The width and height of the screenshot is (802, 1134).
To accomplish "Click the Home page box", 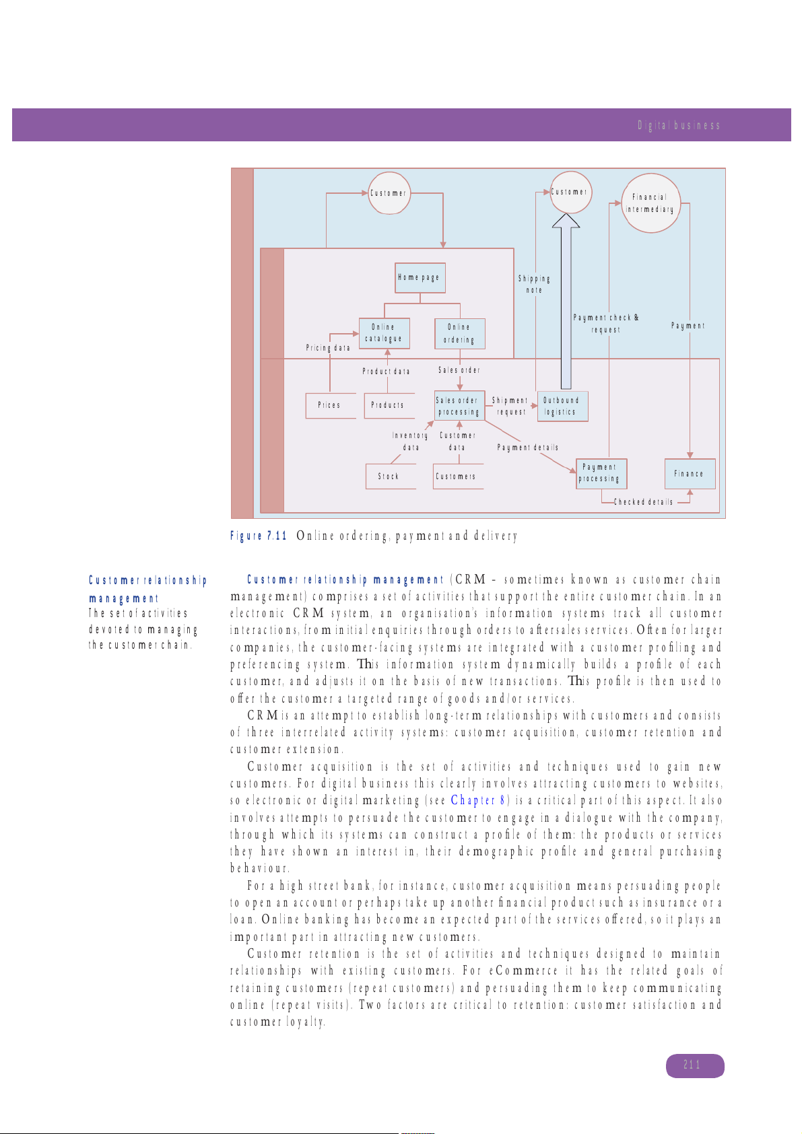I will click(420, 278).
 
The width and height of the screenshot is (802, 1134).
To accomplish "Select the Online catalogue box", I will click(384, 333).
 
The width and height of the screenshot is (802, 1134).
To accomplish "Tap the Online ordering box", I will click(459, 334).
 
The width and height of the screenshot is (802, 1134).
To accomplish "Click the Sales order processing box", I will click(459, 406).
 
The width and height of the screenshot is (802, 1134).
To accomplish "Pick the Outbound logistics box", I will click(562, 406).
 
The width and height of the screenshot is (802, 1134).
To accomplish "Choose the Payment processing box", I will click(601, 474).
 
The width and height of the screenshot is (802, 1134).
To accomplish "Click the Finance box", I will click(689, 474).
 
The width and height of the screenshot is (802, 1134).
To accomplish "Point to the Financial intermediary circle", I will click(650, 203).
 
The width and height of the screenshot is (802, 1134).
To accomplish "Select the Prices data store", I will click(330, 406).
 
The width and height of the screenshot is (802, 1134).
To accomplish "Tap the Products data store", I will click(389, 406).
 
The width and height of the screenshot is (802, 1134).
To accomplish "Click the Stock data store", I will click(390, 476).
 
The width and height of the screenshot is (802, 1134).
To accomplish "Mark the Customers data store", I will click(458, 476).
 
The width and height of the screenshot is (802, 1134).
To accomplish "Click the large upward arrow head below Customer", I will click(566, 222).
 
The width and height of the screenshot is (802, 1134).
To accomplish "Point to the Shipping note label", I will click(534, 284).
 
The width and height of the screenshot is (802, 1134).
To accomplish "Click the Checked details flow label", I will click(643, 502).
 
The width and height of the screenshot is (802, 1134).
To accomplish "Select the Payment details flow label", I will click(528, 448).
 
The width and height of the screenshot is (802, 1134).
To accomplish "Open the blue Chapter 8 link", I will click(478, 800).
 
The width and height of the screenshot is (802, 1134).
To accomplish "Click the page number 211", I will click(694, 1065).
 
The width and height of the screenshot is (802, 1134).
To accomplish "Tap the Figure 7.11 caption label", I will click(259, 536).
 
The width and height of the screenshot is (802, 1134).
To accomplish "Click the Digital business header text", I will click(679, 125).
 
